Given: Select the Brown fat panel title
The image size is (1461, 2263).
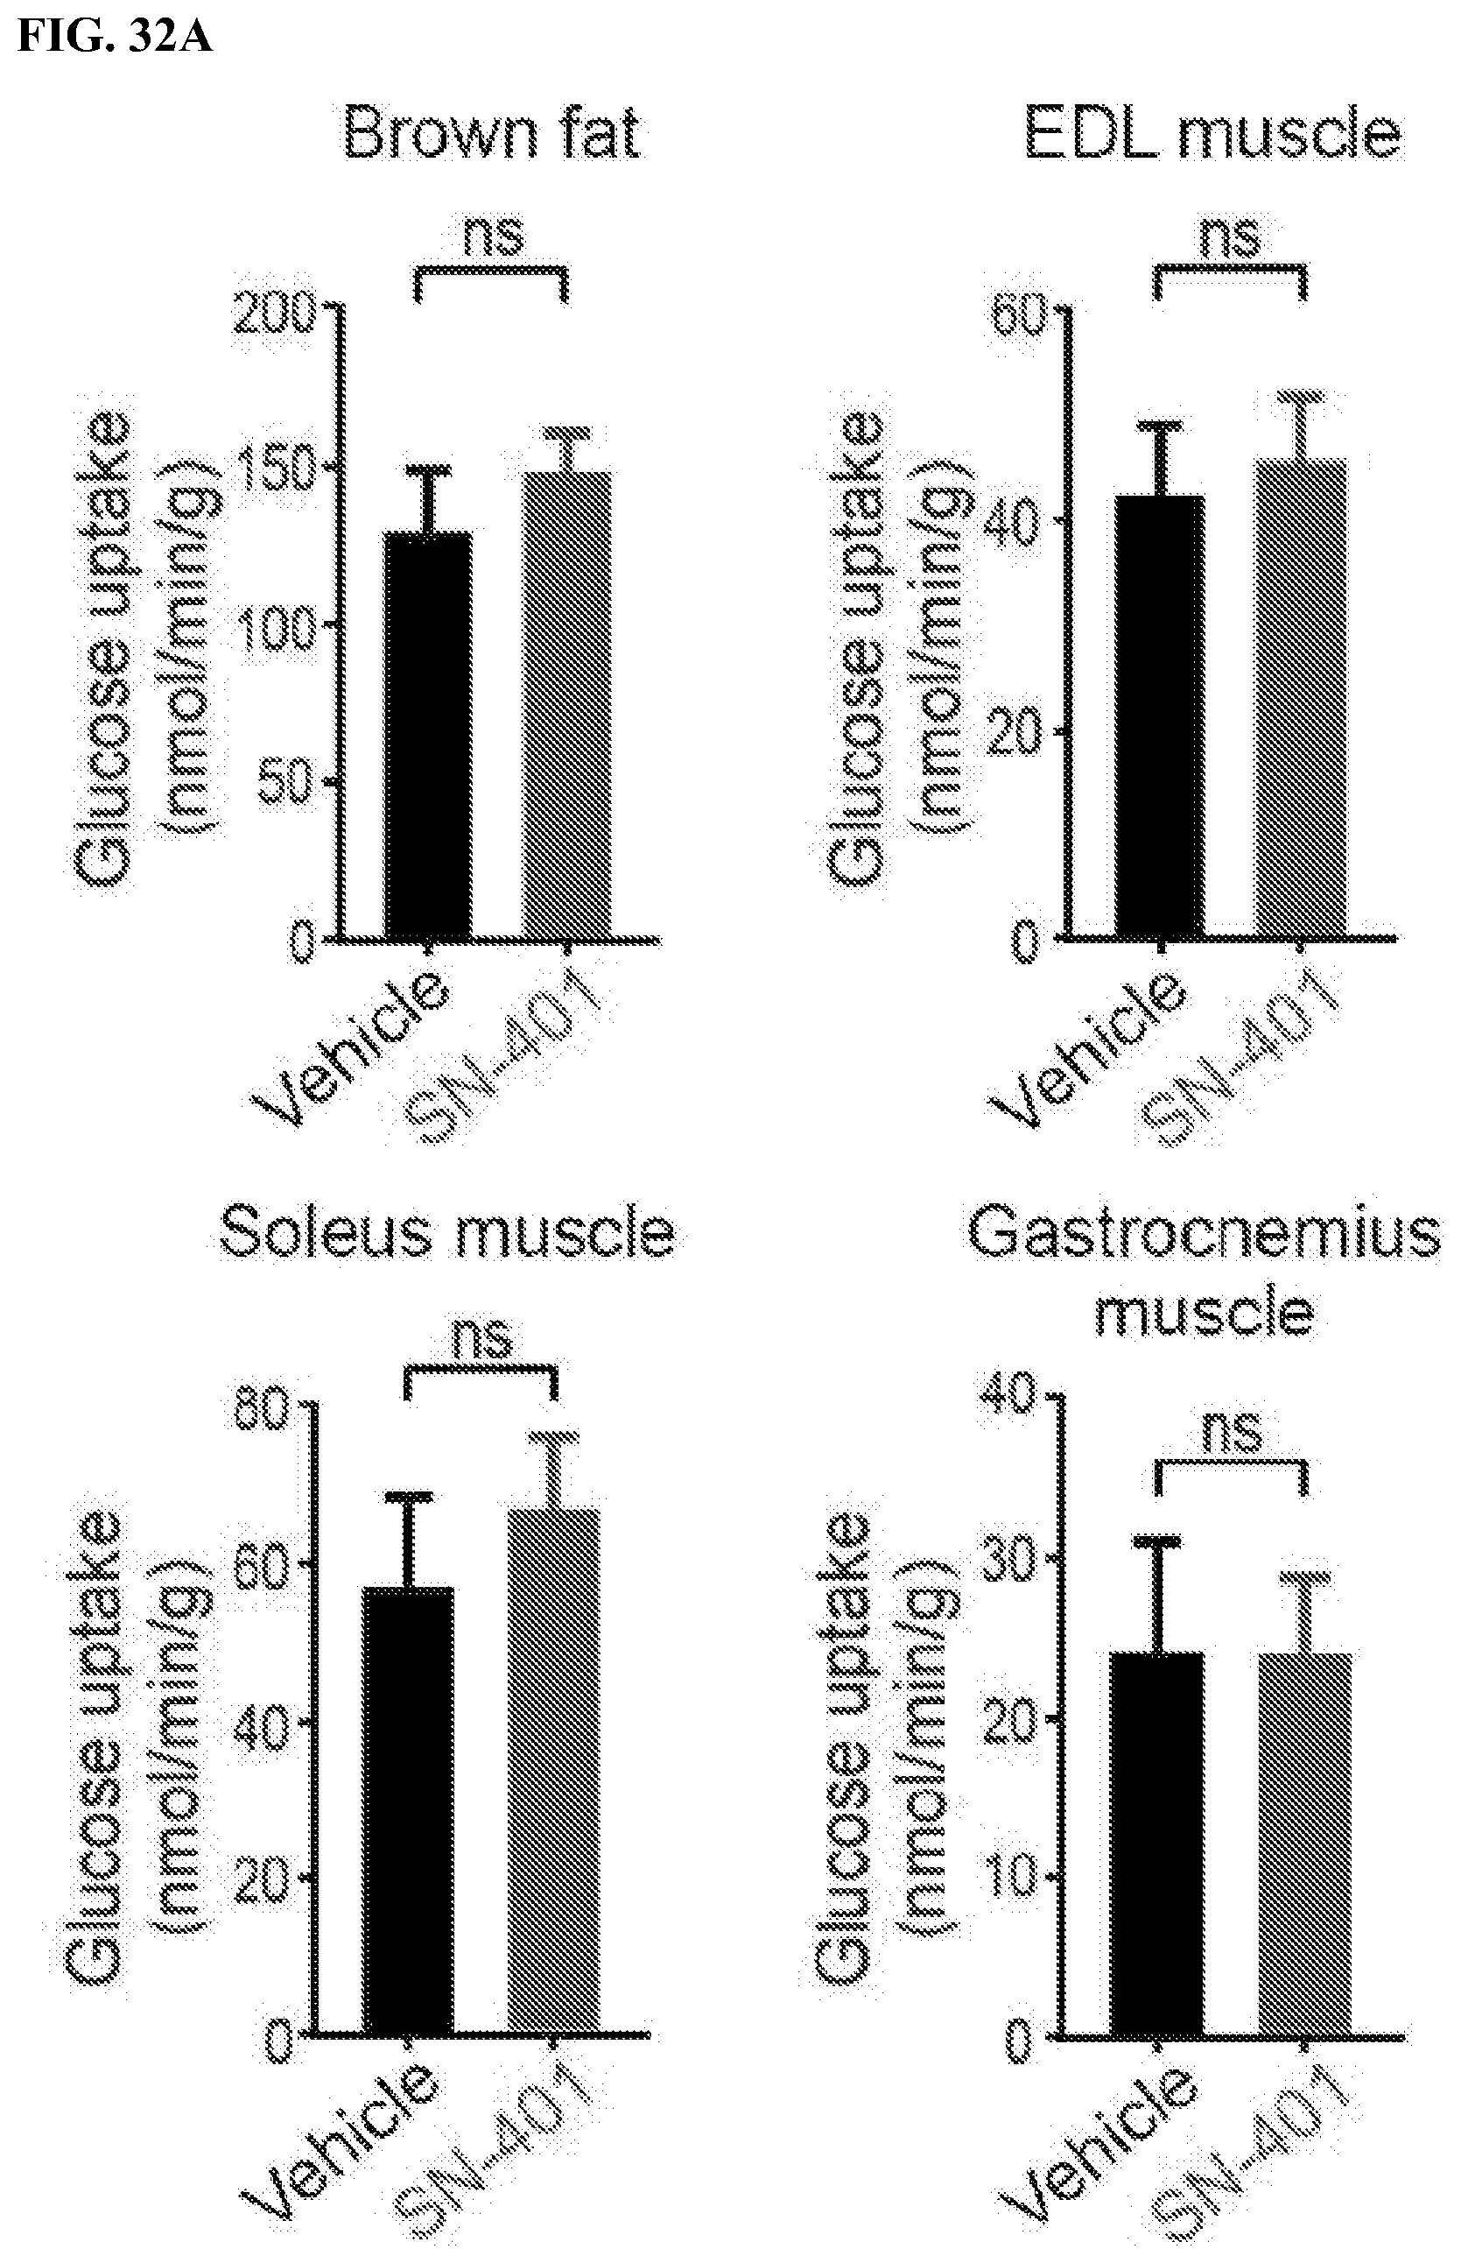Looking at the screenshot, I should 491,135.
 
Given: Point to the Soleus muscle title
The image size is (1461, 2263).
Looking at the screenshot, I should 446,1233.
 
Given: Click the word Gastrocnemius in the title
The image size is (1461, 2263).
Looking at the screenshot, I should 1203,1235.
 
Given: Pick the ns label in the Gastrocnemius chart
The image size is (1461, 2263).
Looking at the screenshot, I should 1233,1430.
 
